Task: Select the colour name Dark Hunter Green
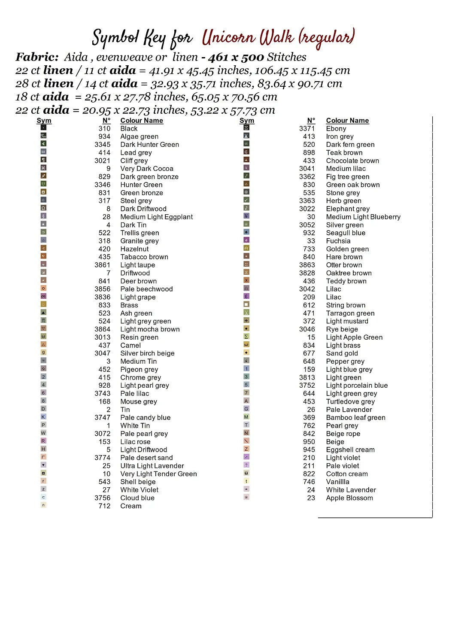tap(149, 145)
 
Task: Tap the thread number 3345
tap(103, 145)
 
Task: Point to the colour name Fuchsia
tap(338, 241)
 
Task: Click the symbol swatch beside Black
tap(43, 128)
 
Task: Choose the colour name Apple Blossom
tap(349, 498)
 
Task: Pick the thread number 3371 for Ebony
tap(307, 128)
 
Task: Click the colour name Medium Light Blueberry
tap(363, 217)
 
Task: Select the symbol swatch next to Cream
tap(43, 505)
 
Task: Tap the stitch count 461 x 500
tap(236, 57)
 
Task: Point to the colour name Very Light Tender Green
tap(158, 474)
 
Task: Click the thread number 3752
tap(307, 386)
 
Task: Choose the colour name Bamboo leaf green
tap(355, 417)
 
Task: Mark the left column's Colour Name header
tap(142, 121)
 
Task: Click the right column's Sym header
tap(247, 121)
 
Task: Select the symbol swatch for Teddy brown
tap(246, 280)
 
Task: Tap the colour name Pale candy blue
tap(145, 417)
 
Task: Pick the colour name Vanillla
tap(337, 482)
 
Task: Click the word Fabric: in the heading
tap(37, 57)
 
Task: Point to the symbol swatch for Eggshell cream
tap(246, 449)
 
